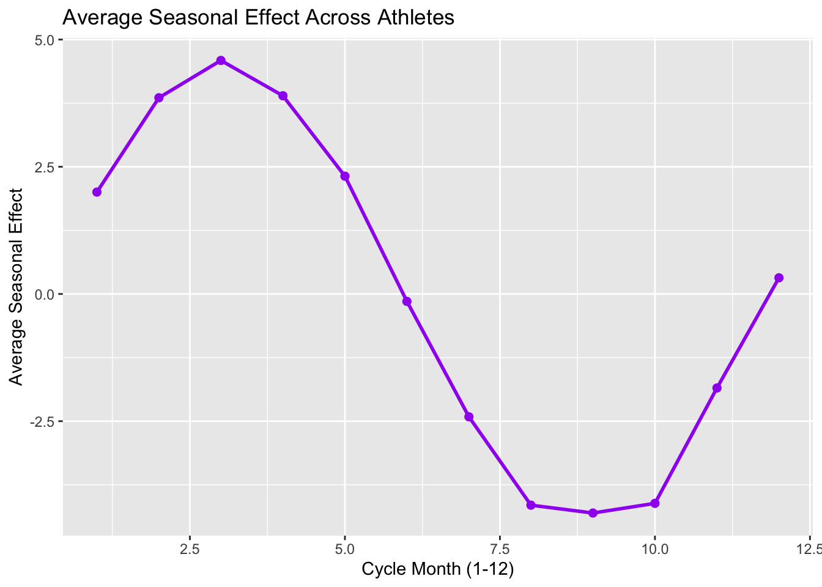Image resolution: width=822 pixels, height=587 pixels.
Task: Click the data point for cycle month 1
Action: [97, 192]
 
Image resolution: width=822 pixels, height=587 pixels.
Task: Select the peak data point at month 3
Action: [221, 61]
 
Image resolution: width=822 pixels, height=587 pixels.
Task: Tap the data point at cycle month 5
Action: [345, 176]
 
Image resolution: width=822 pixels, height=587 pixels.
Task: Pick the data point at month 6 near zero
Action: [407, 301]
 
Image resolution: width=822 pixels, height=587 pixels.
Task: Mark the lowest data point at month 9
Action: [593, 513]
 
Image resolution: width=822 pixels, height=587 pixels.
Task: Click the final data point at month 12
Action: [779, 278]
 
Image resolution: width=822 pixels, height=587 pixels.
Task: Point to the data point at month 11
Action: [717, 388]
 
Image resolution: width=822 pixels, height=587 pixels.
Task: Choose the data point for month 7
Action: [469, 417]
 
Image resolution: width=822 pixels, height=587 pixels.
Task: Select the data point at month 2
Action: [159, 98]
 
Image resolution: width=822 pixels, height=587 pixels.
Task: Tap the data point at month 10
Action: [655, 503]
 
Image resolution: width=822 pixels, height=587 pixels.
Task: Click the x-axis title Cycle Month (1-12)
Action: [437, 569]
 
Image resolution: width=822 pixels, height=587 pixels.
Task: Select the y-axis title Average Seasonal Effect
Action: [17, 287]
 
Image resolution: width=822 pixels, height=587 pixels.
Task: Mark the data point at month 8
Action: [531, 505]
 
